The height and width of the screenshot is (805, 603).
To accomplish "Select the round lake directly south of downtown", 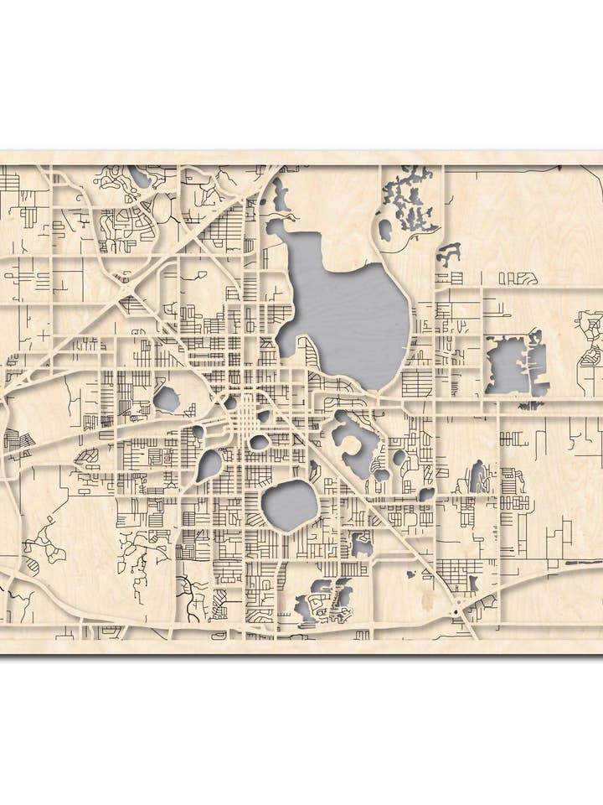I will tap(290, 506).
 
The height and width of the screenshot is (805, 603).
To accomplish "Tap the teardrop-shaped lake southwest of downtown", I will tap(209, 465).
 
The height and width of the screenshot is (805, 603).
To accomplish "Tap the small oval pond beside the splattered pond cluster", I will tap(385, 229).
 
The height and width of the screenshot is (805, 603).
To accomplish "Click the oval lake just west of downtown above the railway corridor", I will tap(167, 399).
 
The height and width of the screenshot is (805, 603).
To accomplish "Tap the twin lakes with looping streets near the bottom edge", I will tap(322, 600).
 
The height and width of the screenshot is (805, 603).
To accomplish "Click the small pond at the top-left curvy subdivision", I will tap(139, 178).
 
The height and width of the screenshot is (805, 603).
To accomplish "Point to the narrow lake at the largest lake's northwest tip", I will tap(279, 197).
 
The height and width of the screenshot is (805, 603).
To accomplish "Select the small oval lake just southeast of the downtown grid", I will tap(260, 442).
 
